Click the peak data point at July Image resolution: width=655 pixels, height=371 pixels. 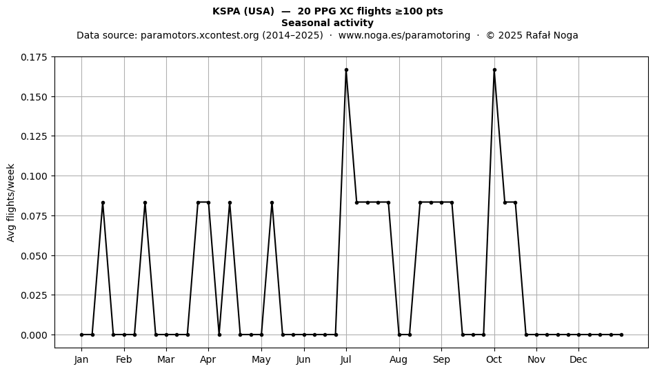click(346, 70)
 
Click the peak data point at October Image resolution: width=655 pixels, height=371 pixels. click(494, 70)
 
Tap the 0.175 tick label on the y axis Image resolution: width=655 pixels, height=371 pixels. click(34, 57)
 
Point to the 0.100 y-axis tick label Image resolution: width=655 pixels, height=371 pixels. click(34, 176)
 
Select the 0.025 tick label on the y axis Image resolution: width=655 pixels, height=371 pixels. click(34, 295)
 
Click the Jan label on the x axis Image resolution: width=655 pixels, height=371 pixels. click(81, 359)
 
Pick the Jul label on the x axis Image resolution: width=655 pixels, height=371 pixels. click(346, 359)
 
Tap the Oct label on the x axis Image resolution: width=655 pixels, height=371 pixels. click(494, 359)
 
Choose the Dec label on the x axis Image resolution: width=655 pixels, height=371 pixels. click(578, 359)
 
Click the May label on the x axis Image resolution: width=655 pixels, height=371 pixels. click(261, 359)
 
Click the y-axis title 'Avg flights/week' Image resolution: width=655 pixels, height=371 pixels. click(11, 202)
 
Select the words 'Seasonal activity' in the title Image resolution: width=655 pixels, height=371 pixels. click(327, 23)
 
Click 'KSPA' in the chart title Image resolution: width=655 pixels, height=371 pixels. click(225, 11)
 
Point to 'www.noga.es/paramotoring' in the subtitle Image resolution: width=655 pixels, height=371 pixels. click(404, 35)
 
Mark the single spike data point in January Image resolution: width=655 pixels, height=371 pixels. click(103, 202)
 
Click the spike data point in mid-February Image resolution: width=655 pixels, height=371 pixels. click(145, 202)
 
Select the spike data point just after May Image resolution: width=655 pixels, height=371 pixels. click(272, 202)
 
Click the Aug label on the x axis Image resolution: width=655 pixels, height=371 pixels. click(399, 359)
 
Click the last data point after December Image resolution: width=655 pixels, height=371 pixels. click(622, 335)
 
